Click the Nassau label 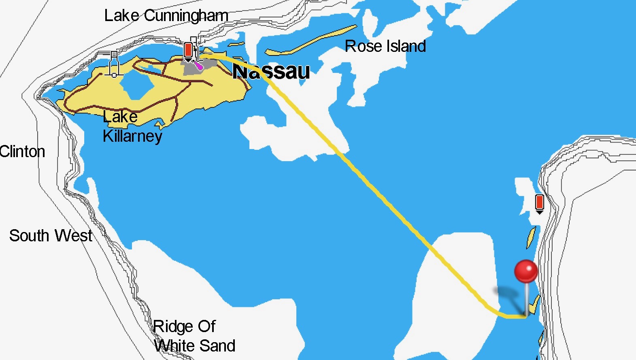[x=271, y=72]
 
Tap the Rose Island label [x=385, y=46]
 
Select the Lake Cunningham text [x=166, y=16]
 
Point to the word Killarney [x=132, y=136]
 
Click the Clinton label [x=22, y=152]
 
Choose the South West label [x=51, y=236]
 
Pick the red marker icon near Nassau [x=188, y=51]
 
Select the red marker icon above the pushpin [x=539, y=202]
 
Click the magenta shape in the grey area [x=198, y=66]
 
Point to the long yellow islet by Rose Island [x=312, y=41]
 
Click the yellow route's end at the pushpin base [x=525, y=316]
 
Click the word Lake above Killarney [x=120, y=117]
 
